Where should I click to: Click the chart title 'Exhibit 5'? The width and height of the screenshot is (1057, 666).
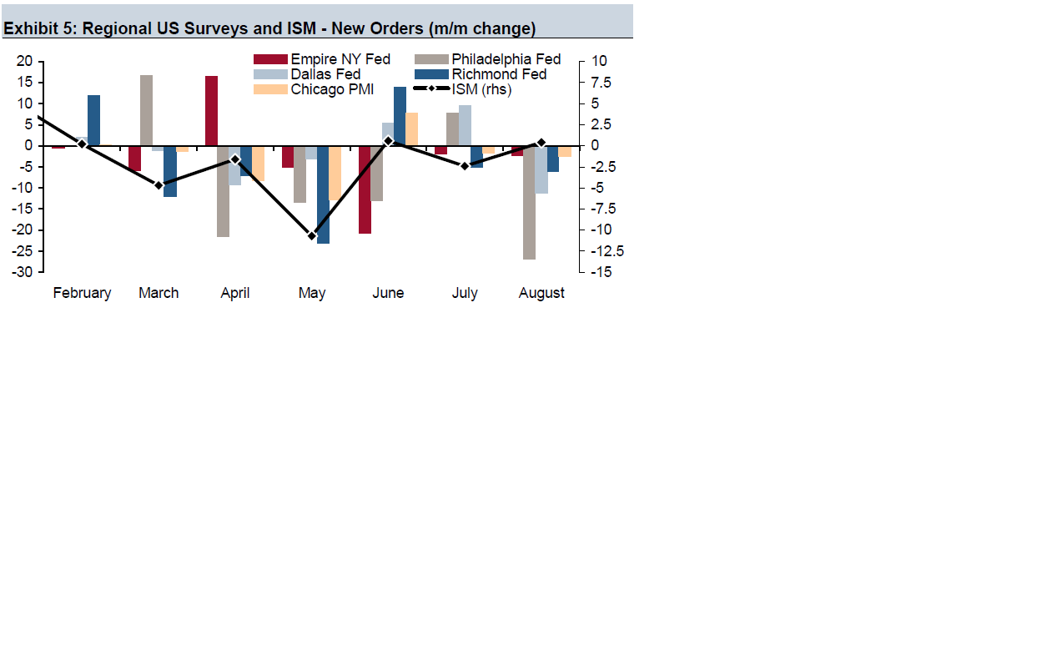[x=269, y=28]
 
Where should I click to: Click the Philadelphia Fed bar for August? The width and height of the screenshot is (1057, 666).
[x=529, y=202]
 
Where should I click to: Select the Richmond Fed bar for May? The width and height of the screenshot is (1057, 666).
[x=323, y=194]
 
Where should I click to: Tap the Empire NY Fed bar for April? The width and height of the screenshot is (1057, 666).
[x=211, y=110]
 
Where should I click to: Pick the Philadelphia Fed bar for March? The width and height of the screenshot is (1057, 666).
[x=146, y=110]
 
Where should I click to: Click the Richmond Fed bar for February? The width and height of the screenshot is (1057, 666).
[x=93, y=120]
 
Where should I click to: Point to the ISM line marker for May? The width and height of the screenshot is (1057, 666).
[x=312, y=236]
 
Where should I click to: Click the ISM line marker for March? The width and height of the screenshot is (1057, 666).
[x=159, y=184]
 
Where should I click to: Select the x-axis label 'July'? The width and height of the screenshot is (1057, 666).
[x=465, y=293]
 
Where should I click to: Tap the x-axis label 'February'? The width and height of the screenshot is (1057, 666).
[x=82, y=293]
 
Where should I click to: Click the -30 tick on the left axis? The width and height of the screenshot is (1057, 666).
[x=23, y=272]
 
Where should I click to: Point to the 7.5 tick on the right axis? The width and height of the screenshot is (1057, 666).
[x=601, y=83]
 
